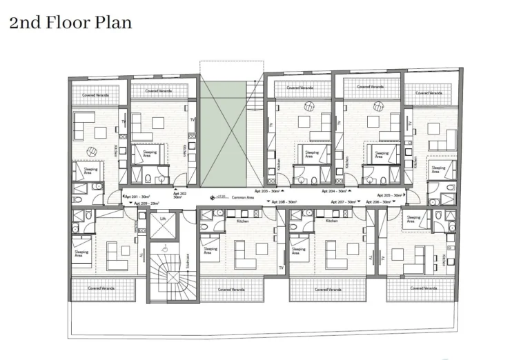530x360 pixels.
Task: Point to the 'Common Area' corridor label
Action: [x=242, y=197]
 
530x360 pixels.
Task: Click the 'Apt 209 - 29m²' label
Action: [x=146, y=203]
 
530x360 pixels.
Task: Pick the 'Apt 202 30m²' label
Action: [x=179, y=195]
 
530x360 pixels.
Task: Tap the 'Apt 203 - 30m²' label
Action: [x=284, y=190]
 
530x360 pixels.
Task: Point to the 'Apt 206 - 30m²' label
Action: [x=377, y=201]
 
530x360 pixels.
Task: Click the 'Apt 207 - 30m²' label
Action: [x=343, y=201]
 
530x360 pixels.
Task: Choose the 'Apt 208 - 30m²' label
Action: [x=285, y=201]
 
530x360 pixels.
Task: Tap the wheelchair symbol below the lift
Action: [x=164, y=249]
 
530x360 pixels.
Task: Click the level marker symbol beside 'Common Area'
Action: [x=213, y=198]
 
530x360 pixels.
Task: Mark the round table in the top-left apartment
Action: [x=90, y=151]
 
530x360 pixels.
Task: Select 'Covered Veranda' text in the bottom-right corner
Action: [x=411, y=289]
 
